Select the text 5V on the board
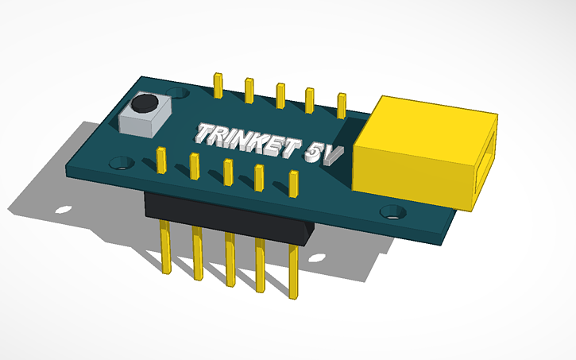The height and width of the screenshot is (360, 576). point(321,153)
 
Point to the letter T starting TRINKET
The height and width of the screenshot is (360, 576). point(205,133)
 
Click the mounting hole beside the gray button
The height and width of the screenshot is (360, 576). point(121,164)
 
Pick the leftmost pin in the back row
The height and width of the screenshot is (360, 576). point(217,85)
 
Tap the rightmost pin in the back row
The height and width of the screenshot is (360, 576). point(342,106)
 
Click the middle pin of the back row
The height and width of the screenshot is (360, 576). point(280,95)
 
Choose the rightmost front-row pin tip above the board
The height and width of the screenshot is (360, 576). point(294,184)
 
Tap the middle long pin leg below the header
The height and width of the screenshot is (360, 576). point(230,261)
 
